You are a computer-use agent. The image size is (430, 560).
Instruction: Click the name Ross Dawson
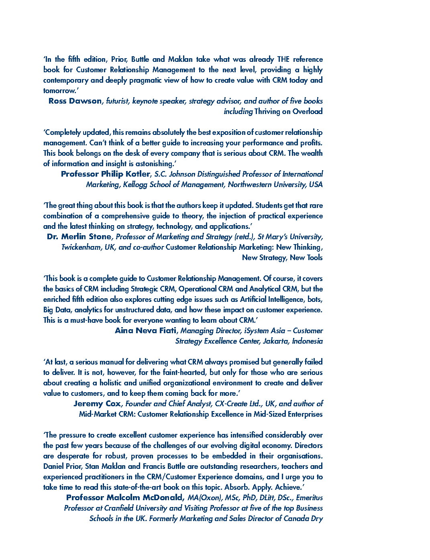(x=75, y=101)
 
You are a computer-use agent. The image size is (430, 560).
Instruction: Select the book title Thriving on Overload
(x=288, y=112)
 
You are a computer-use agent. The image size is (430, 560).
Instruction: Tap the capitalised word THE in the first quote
(x=283, y=59)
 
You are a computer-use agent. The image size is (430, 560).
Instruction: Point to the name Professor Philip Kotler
(x=106, y=174)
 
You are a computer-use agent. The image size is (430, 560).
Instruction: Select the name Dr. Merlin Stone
(x=79, y=237)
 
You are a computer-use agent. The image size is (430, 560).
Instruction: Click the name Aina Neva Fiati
(x=145, y=331)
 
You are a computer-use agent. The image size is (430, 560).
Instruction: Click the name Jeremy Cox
(x=97, y=404)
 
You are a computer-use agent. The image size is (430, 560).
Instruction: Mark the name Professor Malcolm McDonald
(x=124, y=498)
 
